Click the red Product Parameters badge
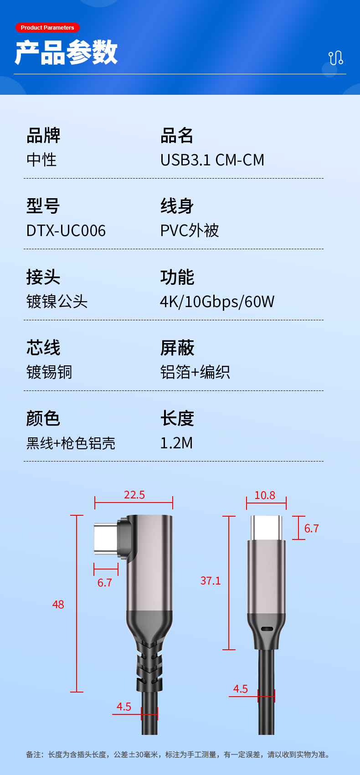point(47,28)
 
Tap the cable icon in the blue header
point(336,58)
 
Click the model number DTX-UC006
point(66,231)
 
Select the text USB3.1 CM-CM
point(212,160)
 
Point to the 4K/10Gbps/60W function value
point(217,302)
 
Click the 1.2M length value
point(176,443)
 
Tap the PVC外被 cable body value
point(190,231)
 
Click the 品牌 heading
point(43,135)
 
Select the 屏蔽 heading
point(177,348)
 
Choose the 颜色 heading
point(43,418)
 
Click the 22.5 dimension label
point(134,495)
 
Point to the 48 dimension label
point(58,605)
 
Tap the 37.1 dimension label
point(211,581)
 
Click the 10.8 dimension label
point(265,495)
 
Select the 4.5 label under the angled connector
point(124,707)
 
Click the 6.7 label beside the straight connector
point(312,529)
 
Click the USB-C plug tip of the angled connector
point(105,539)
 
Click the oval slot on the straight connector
point(267,629)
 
